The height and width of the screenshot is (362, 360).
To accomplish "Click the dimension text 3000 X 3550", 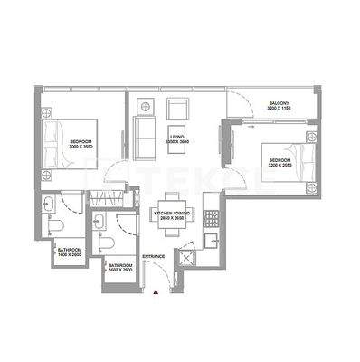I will tap(81, 147).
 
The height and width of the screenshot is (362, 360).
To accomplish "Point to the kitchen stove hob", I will tap(212, 218).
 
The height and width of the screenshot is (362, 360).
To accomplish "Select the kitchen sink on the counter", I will tap(212, 241).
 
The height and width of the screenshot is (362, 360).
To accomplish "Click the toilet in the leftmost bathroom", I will tap(53, 224).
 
